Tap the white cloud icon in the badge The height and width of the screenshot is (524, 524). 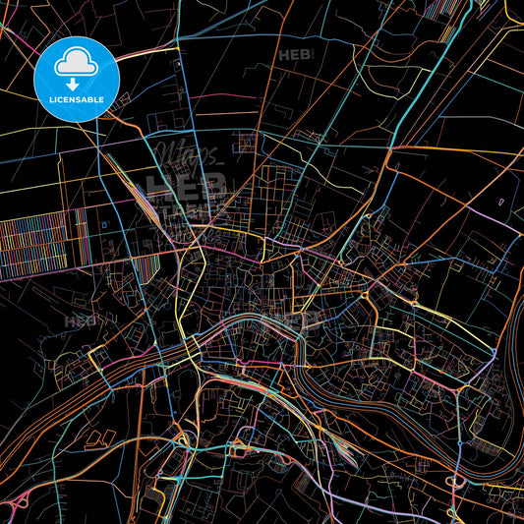[x=76, y=62]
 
